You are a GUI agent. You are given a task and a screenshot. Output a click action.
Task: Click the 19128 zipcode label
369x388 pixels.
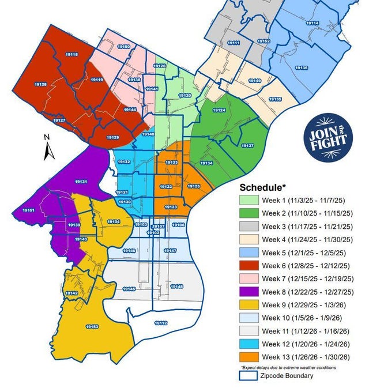tap(40, 84)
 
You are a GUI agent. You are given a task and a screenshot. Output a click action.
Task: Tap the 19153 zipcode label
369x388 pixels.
tap(92, 327)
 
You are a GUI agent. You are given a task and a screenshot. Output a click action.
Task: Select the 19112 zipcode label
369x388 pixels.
tap(161, 323)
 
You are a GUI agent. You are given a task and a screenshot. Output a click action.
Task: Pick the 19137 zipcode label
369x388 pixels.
tap(247, 145)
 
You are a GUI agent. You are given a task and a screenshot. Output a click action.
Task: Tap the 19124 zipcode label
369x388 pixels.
tap(219, 110)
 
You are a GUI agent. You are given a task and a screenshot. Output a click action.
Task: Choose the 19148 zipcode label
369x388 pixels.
tap(177, 287)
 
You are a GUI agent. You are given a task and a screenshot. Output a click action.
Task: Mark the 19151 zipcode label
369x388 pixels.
tap(29, 211)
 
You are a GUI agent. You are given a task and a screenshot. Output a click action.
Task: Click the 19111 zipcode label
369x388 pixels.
tap(234, 43)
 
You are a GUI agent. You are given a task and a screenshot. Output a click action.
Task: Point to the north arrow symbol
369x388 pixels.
tap(48, 148)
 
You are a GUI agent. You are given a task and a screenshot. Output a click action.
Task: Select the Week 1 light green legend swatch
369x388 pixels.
tap(249, 200)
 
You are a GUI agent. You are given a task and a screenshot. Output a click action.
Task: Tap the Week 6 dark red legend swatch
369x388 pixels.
tap(249, 266)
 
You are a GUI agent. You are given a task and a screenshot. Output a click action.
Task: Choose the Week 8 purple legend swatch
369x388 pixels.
tap(249, 292)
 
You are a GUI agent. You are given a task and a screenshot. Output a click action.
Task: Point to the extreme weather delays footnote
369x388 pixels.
tap(288, 367)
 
